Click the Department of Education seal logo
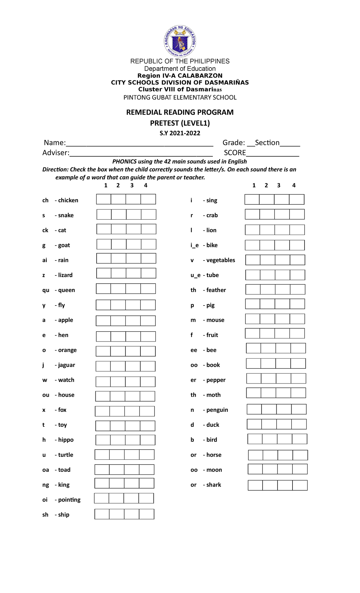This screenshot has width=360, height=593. click(x=180, y=41)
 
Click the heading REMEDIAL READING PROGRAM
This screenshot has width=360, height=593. click(x=180, y=112)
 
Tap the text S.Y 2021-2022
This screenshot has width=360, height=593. click(x=180, y=133)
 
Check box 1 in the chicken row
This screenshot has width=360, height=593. click(x=104, y=199)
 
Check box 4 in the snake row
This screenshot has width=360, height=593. click(x=148, y=214)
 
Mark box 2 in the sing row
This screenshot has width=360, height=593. click(x=267, y=199)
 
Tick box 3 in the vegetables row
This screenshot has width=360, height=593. click(x=283, y=260)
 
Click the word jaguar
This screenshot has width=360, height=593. click(x=67, y=365)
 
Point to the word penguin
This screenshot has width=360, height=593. click(x=217, y=410)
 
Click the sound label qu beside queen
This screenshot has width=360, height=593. click(x=46, y=290)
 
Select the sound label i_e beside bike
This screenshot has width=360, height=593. click(x=194, y=245)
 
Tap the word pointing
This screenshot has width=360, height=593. click(x=69, y=500)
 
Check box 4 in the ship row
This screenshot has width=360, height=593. click(x=147, y=514)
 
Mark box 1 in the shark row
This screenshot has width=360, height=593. click(x=255, y=485)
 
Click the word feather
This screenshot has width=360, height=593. click(x=216, y=290)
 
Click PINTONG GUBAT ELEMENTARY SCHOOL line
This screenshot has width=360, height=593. click(x=180, y=98)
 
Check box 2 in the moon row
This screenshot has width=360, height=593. click(x=270, y=469)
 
